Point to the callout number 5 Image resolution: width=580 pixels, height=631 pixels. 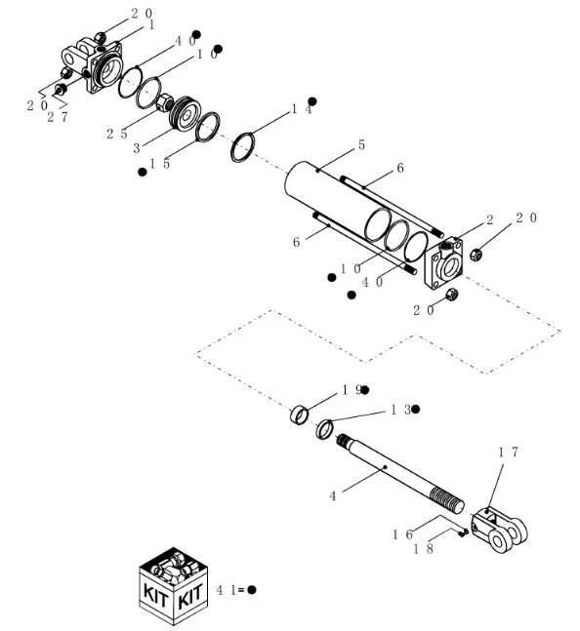coord(361,145)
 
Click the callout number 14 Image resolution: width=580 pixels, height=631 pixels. coord(301,110)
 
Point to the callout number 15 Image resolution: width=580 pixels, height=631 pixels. coord(160,164)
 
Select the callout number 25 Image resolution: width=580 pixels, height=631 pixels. coord(116,134)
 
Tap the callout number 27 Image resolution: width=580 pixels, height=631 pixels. coord(58,117)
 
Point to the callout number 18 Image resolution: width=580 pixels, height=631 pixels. coord(421,550)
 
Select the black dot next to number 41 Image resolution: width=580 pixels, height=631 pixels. coord(251,590)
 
